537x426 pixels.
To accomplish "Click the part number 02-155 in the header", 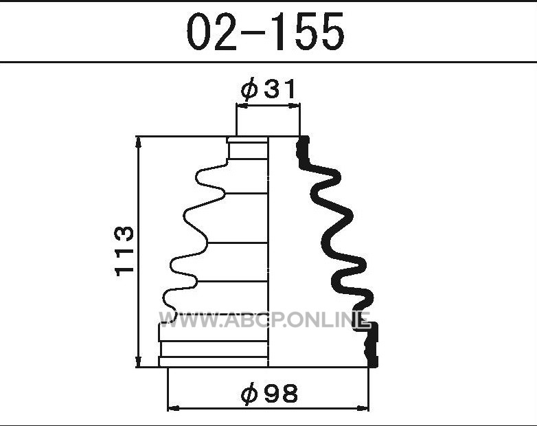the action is click(266, 32).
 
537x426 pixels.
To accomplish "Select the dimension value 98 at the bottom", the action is click(282, 394).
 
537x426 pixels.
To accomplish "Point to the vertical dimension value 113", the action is click(124, 251).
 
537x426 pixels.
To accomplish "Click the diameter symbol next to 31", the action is click(249, 89).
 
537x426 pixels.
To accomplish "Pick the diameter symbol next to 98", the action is click(249, 394).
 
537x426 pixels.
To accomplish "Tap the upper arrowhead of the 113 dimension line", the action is click(138, 142).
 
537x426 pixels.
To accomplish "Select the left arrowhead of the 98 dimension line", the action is click(174, 408).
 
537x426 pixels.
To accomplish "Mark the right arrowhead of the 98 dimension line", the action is click(363, 408).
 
